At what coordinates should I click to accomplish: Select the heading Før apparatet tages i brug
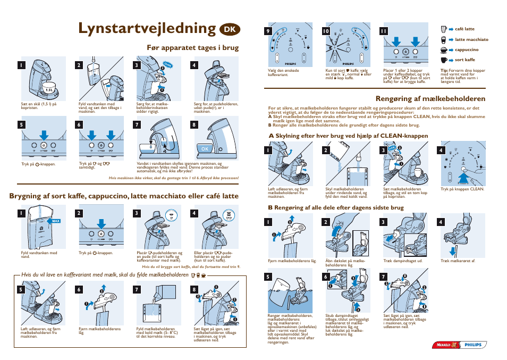click(x=192, y=48)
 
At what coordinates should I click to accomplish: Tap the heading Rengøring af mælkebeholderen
click(x=430, y=98)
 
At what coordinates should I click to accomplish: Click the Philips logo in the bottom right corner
click(x=474, y=345)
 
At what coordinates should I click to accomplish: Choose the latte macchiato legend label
click(x=471, y=39)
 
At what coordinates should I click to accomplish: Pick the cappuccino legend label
click(x=466, y=49)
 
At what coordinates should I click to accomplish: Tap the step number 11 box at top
click(x=382, y=31)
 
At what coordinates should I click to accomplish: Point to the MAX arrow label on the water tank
click(x=55, y=220)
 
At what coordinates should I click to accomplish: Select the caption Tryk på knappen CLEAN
click(x=462, y=188)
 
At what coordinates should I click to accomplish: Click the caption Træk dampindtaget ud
click(x=402, y=261)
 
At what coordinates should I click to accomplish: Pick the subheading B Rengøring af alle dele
click(x=335, y=207)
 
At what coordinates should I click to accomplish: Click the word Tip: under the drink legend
click(x=444, y=70)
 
